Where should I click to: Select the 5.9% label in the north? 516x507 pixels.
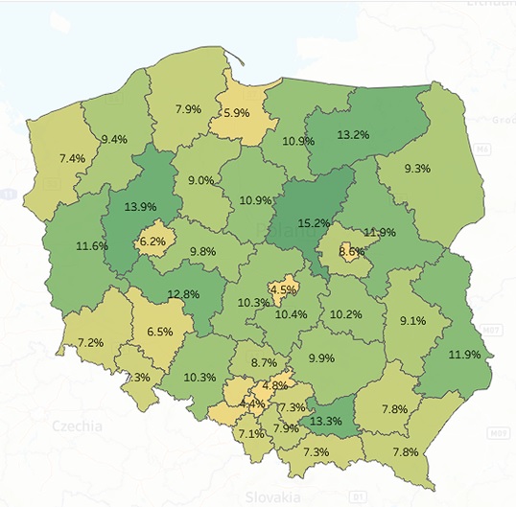(236, 112)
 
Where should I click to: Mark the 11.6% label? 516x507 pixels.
(92, 246)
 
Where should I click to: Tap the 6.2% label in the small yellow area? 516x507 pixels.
(152, 242)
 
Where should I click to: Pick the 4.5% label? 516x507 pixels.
(282, 288)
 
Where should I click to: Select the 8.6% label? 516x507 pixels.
(352, 252)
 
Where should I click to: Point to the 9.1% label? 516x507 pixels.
(413, 321)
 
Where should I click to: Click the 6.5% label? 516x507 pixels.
(159, 332)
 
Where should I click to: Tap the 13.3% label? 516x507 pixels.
(325, 420)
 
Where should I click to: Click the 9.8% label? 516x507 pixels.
(201, 251)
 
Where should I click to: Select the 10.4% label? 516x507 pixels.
(292, 314)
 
